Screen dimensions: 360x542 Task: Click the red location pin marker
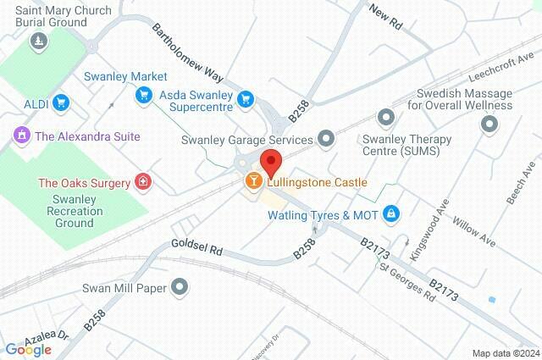270,161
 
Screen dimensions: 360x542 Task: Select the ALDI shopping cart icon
59,103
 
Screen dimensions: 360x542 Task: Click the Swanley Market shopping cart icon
144,95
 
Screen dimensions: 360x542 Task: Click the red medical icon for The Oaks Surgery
144,182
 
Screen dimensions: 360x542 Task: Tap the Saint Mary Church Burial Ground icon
37,41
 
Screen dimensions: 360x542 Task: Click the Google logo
28,349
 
